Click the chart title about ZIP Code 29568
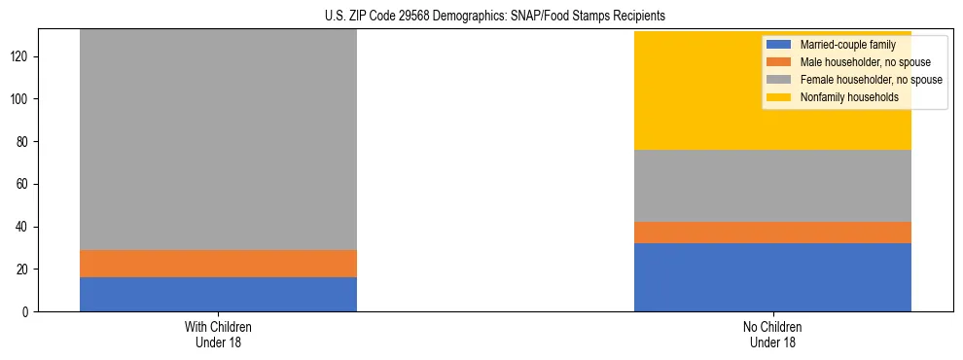(x=481, y=17)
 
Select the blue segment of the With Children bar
(x=218, y=294)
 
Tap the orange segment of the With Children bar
(x=218, y=264)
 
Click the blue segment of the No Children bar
(x=772, y=277)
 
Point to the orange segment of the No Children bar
(x=772, y=233)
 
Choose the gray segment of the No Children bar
(x=772, y=186)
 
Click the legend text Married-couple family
(x=847, y=46)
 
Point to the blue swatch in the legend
(x=779, y=46)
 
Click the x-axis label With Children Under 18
(x=218, y=335)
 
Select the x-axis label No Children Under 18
(x=772, y=335)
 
